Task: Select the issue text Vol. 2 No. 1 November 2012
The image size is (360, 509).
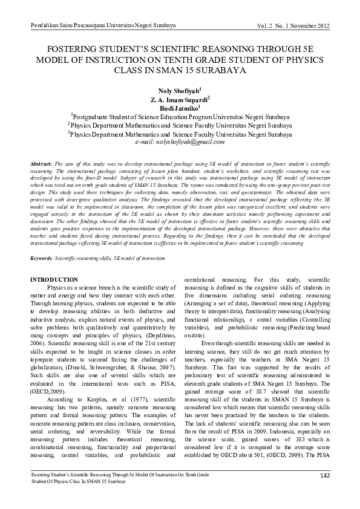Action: pyautogui.click(x=293, y=25)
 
